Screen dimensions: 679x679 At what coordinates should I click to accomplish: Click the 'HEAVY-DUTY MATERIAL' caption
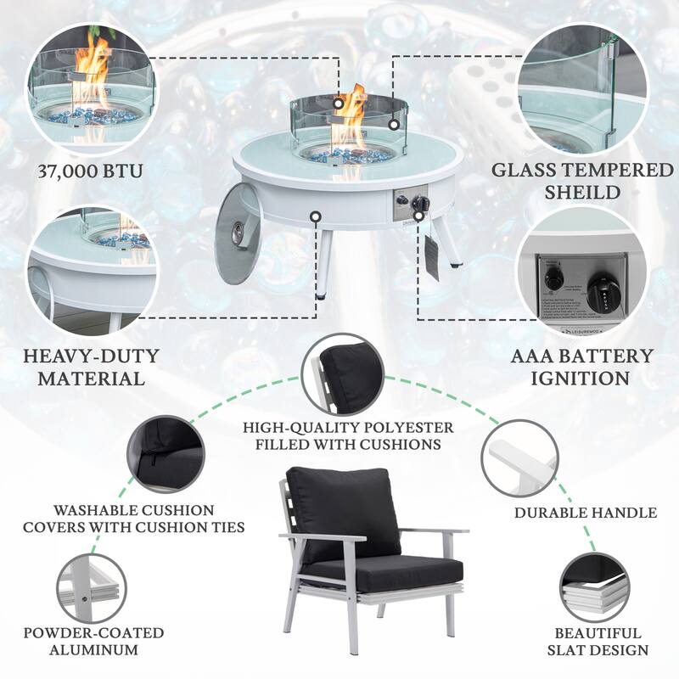(x=83, y=367)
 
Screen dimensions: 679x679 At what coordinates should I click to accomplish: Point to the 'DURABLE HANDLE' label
(x=586, y=513)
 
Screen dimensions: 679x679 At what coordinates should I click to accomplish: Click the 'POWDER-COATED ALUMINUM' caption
(x=94, y=642)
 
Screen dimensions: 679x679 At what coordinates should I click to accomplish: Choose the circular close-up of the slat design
(x=601, y=586)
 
